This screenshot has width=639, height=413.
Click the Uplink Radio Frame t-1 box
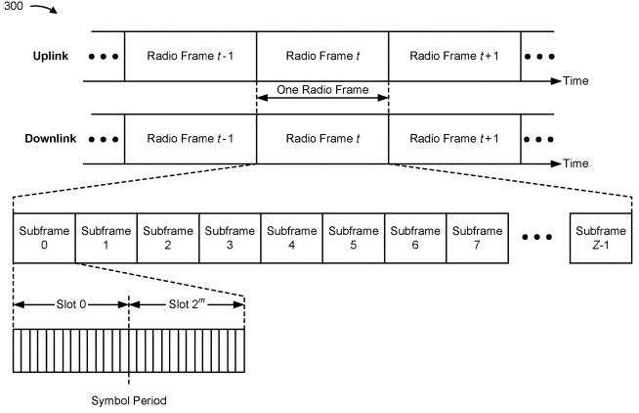(190, 56)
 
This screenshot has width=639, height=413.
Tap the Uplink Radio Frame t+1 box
(454, 56)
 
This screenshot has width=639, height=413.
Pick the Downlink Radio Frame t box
(322, 139)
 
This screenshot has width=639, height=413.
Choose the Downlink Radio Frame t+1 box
(454, 139)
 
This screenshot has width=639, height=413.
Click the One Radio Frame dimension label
(322, 91)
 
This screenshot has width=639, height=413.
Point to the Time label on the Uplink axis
(575, 80)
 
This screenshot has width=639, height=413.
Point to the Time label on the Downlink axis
(575, 163)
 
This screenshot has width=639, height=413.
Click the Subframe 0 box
(43, 237)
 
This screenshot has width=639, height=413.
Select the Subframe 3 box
(231, 237)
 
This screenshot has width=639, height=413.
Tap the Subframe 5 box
(355, 237)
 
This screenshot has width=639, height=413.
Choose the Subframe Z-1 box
(600, 237)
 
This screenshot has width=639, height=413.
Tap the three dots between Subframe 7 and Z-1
(539, 238)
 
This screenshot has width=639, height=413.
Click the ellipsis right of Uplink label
(103, 56)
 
